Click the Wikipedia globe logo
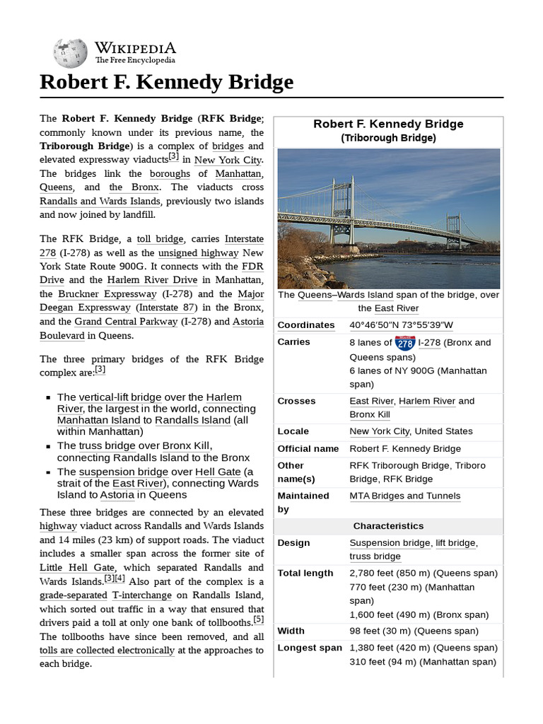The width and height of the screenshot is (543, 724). pos(69,53)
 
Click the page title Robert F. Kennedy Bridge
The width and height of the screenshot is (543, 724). pos(166,83)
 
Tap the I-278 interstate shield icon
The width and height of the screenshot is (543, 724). pos(405,343)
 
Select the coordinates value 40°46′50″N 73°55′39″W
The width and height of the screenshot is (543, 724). pos(401,325)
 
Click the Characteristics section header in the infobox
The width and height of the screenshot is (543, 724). pos(388,526)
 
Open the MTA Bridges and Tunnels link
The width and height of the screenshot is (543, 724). pos(404,496)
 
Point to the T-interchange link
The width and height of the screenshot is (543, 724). pos(141,595)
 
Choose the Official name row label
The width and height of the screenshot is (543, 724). pos(308,449)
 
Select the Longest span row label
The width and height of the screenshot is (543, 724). pos(309,648)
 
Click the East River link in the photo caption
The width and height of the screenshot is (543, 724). pos(396,308)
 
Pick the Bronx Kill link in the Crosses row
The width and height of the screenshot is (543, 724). pos(369,415)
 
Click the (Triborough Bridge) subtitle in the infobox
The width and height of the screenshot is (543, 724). pos(388,139)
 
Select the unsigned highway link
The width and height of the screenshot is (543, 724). pos(199,252)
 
